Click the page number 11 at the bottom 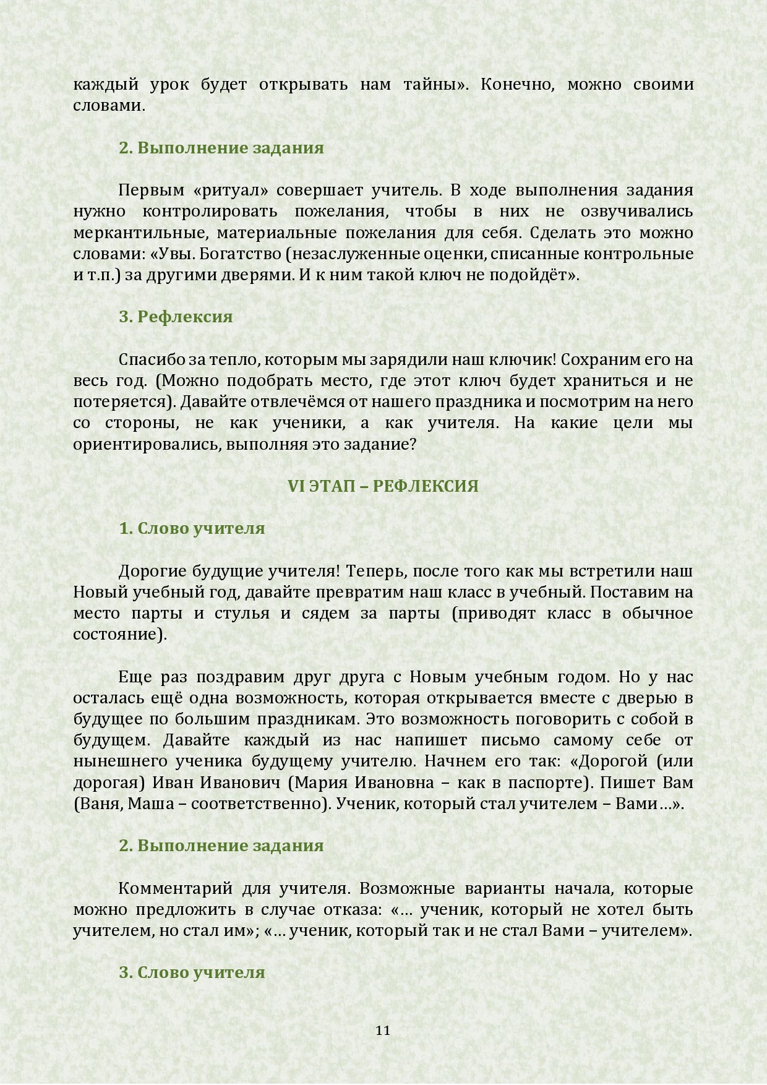[383, 1030]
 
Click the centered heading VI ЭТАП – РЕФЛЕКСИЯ [383, 486]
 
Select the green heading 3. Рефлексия [176, 317]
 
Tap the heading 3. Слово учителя [192, 972]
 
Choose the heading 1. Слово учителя [192, 528]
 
